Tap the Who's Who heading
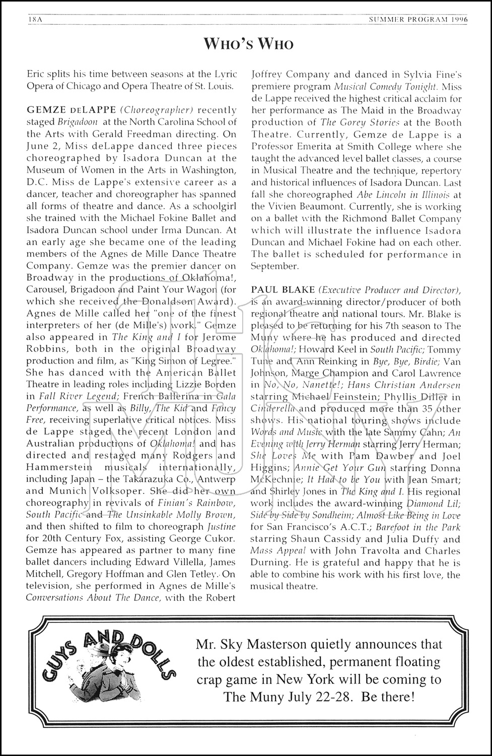coord(248,44)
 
